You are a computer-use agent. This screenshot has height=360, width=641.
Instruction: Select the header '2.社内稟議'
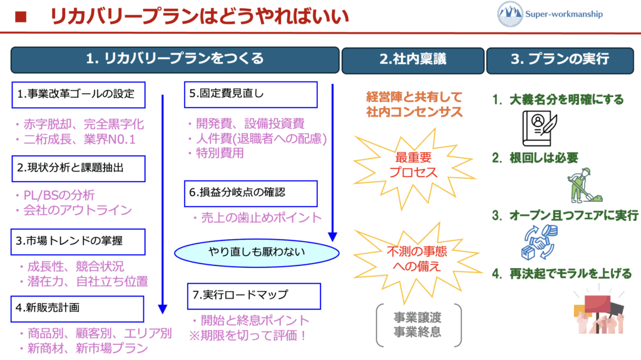pos(413,59)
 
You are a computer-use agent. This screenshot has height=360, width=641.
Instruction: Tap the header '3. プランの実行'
pos(560,59)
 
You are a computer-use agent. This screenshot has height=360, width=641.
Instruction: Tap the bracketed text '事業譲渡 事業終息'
pos(418,324)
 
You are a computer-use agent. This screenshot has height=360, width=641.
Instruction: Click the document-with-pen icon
pos(540,128)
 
